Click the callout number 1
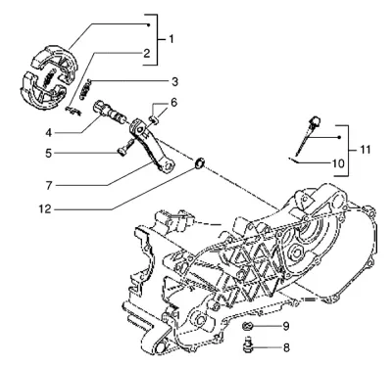click(x=171, y=39)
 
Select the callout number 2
click(x=146, y=53)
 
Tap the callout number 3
click(x=174, y=81)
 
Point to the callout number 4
click(x=49, y=133)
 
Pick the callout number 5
click(x=49, y=153)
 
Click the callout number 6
click(x=173, y=103)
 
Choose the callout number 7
click(x=49, y=185)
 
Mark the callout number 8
click(x=286, y=347)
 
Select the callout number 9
click(x=286, y=326)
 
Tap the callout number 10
click(x=338, y=163)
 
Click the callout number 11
click(x=365, y=150)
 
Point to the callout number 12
click(x=45, y=208)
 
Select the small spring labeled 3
click(x=86, y=89)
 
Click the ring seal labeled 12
click(x=199, y=163)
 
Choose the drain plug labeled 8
click(x=248, y=345)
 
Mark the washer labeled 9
click(x=247, y=326)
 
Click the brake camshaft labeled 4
click(x=109, y=112)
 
